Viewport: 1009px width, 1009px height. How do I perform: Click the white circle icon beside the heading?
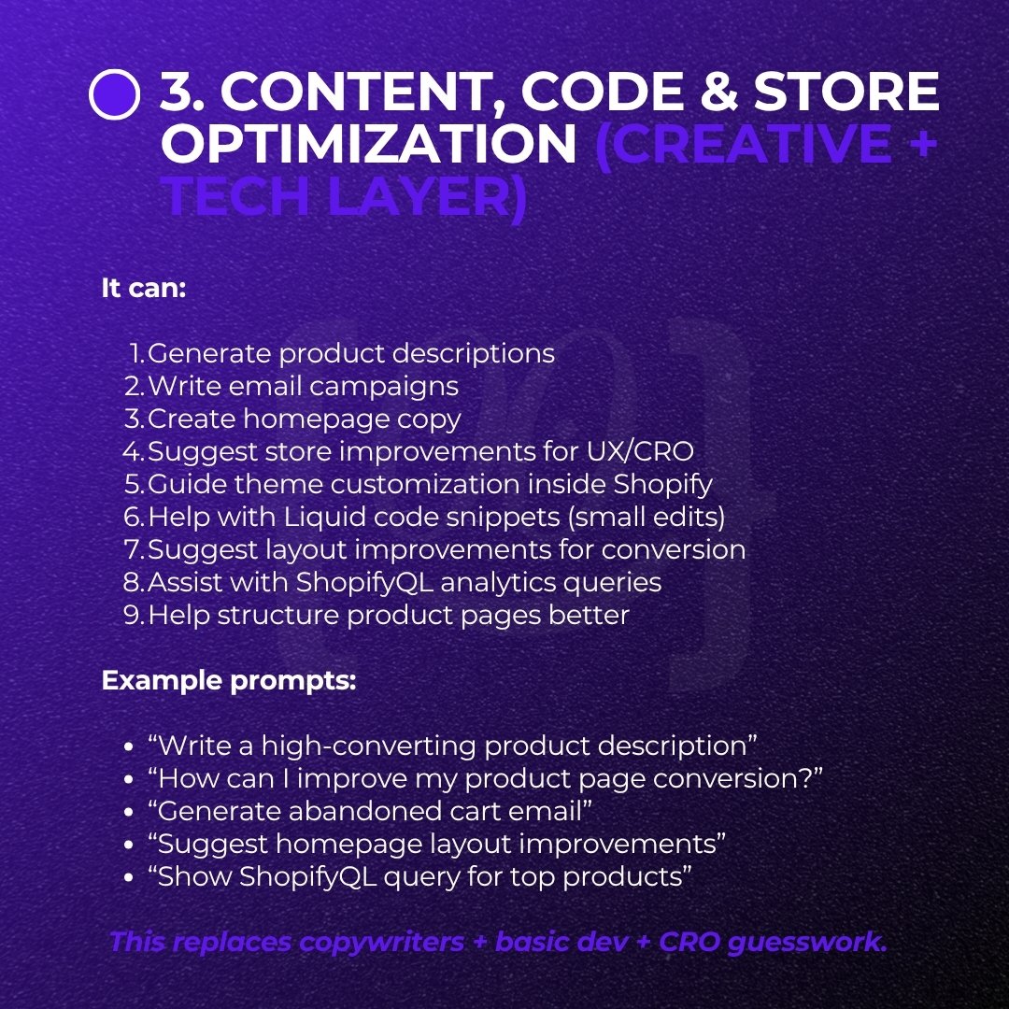point(114,95)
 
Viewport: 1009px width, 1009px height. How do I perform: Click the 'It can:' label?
point(144,288)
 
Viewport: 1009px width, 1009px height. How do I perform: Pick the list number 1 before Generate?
point(137,354)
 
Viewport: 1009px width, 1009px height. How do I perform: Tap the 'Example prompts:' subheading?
point(229,680)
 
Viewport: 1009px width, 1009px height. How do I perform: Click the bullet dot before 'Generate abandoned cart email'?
point(130,813)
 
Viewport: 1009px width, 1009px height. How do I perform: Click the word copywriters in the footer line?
point(383,942)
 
